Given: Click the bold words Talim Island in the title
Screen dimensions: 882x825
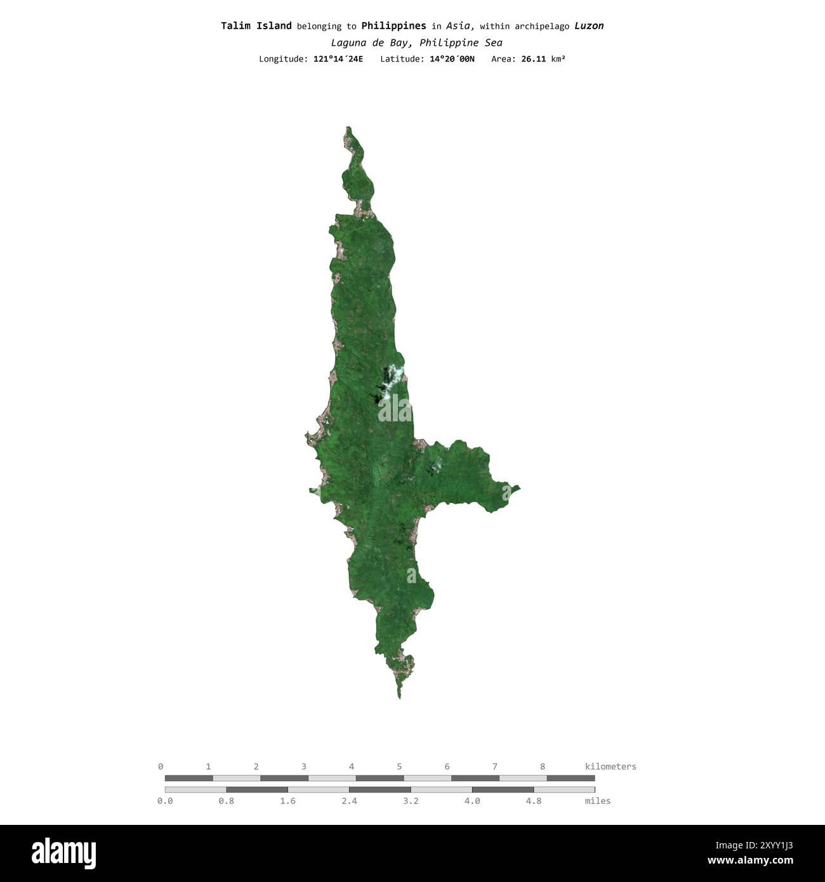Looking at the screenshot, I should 256,26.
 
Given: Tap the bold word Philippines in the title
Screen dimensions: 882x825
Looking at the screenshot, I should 393,26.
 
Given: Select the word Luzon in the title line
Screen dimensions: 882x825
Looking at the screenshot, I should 589,26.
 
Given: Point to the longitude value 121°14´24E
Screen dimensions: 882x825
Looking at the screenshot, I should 338,59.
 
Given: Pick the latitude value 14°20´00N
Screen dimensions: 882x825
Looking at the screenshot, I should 452,59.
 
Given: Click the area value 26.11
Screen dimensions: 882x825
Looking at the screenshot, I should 533,59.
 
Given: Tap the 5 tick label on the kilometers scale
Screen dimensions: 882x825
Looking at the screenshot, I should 399,767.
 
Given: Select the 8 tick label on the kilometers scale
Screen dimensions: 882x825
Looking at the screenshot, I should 543,767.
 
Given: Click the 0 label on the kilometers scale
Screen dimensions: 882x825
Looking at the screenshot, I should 161,767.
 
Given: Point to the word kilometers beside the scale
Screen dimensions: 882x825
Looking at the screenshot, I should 610,767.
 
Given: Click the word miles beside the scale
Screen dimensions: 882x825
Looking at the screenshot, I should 598,801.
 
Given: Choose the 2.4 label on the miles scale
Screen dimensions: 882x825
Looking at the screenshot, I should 349,801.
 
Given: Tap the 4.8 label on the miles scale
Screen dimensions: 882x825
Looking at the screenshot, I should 534,801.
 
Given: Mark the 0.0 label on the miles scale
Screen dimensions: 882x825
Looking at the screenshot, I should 164,801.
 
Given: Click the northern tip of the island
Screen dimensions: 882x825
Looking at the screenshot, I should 348,128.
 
